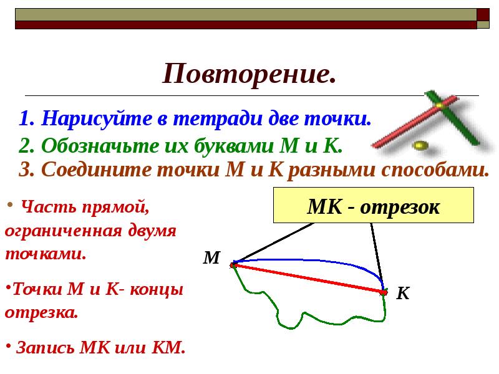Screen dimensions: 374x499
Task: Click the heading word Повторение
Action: coord(249,74)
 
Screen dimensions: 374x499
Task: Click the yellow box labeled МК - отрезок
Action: coord(373,206)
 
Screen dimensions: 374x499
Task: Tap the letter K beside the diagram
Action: coord(403,294)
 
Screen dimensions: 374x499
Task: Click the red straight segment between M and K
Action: coord(309,278)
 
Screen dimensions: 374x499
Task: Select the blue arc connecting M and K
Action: coord(312,261)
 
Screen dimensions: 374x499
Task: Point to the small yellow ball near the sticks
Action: coord(420,145)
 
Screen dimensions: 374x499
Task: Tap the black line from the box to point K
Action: coord(376,252)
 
